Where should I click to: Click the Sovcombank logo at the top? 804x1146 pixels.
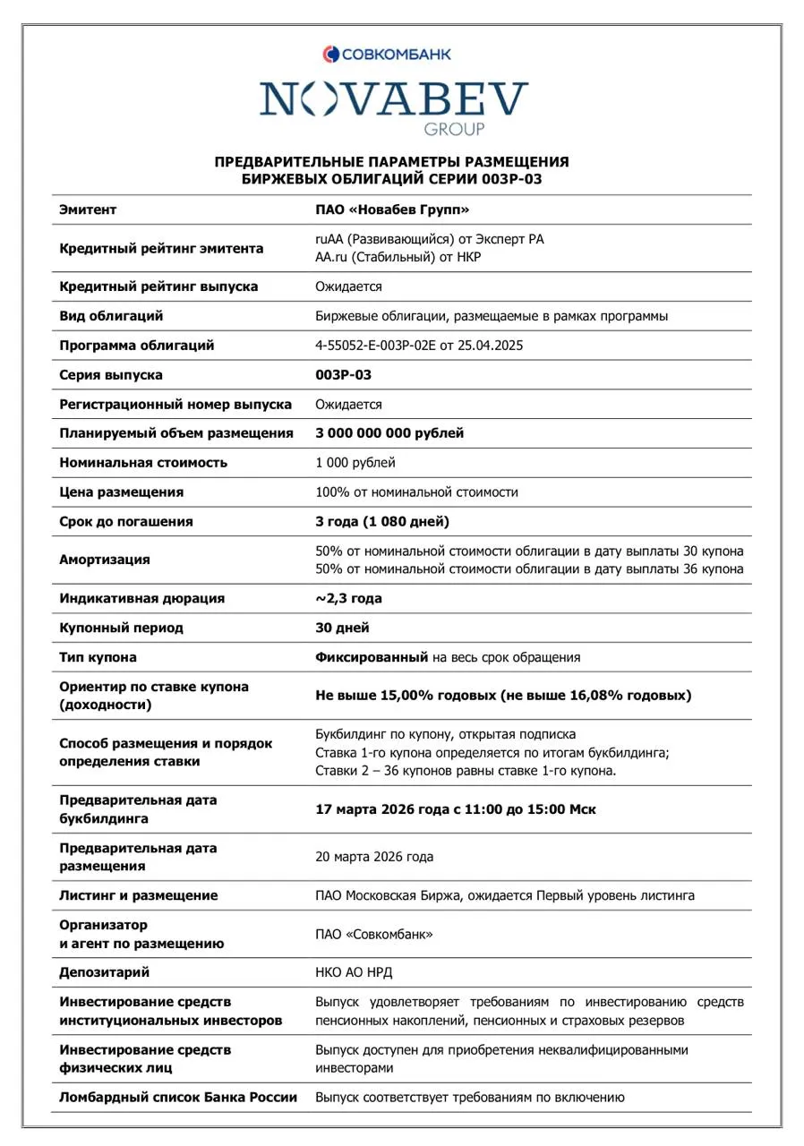point(388,55)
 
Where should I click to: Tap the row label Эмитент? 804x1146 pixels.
point(88,210)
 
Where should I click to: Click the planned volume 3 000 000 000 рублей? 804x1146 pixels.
point(389,433)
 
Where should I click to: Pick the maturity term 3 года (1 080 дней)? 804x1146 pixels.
point(382,521)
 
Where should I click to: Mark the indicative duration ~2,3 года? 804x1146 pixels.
point(349,598)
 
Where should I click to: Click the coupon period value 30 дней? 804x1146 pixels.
point(343,628)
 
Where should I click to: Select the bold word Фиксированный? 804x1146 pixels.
point(371,657)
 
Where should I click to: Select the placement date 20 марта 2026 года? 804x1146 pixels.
point(374,857)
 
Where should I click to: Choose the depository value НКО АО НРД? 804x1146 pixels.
point(354,972)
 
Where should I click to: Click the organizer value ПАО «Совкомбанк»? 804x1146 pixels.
point(374,934)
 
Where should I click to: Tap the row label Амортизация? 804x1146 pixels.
point(105,560)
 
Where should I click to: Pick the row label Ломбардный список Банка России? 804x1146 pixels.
point(177,1097)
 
